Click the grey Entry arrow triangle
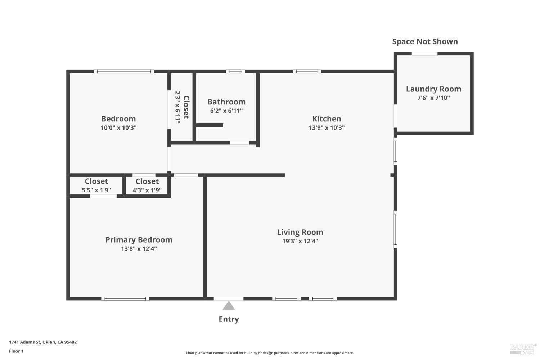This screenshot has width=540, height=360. pos(229,306)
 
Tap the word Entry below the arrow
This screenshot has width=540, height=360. pos(229,319)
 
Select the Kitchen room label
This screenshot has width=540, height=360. pos(327,118)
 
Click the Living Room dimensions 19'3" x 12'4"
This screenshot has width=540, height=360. pos(300,241)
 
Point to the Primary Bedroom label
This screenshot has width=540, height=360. pos(139,240)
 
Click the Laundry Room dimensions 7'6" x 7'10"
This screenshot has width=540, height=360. pos(433,98)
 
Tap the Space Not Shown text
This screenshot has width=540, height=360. pos(425,41)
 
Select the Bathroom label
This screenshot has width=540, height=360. pos(226,102)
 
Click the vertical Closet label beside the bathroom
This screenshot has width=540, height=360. pos(186,107)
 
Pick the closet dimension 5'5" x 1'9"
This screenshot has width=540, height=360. pos(96,190)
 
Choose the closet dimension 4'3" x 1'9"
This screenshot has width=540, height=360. pos(147,190)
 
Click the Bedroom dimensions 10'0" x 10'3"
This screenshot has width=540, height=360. pos(118,127)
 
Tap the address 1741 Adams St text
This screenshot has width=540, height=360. pos(43,342)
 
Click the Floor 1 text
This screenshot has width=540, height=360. pos(16,351)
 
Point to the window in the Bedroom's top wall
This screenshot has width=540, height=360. pos(124,72)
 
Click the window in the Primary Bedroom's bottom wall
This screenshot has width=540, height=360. pos(125,298)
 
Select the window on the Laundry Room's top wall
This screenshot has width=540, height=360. pos(424,54)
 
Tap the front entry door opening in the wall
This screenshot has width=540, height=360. pos(229,298)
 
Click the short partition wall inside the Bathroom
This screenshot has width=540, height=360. pos(210,125)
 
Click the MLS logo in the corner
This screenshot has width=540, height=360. pos(523,348)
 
